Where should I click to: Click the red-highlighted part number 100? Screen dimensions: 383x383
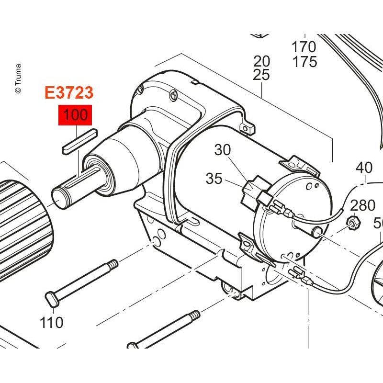click(75, 115)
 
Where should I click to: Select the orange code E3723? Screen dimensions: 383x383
click(69, 92)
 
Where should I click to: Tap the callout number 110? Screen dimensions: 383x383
click(52, 322)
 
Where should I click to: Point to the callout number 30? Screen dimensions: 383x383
click(223, 150)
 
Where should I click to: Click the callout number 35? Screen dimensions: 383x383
click(214, 179)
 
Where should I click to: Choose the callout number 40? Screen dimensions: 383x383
click(364, 168)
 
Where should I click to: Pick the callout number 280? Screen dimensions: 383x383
click(362, 205)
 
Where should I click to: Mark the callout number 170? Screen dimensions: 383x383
click(304, 46)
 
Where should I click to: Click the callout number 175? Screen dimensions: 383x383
click(304, 62)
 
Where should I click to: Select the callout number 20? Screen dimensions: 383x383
click(261, 61)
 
